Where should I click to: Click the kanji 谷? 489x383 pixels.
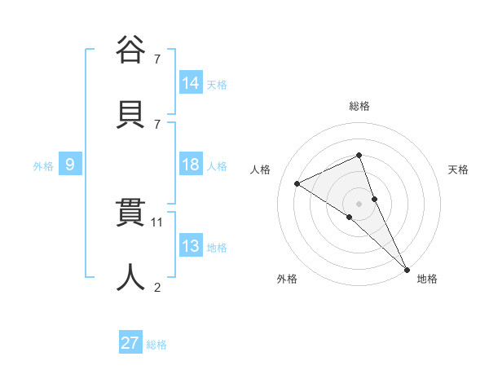point(130,50)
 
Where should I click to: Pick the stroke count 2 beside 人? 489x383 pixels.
point(157,286)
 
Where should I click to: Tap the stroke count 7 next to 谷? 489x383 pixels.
point(157,59)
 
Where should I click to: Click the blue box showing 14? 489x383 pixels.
point(191,82)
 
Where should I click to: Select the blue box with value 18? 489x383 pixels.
point(191,165)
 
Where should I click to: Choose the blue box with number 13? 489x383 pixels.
point(191,246)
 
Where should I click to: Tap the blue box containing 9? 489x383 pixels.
point(70,165)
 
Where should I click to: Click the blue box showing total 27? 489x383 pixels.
point(130,343)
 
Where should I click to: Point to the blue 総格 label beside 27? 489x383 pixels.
point(156,345)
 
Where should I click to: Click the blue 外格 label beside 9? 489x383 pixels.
point(43,166)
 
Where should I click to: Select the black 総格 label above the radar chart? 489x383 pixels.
point(359,106)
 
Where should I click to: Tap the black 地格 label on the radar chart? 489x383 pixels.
point(427,279)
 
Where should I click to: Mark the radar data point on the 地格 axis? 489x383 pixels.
point(407,268)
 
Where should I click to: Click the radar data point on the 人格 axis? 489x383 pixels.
point(297,183)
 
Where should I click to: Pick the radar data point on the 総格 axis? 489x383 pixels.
point(359,155)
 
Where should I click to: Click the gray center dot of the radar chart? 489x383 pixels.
point(359,203)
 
